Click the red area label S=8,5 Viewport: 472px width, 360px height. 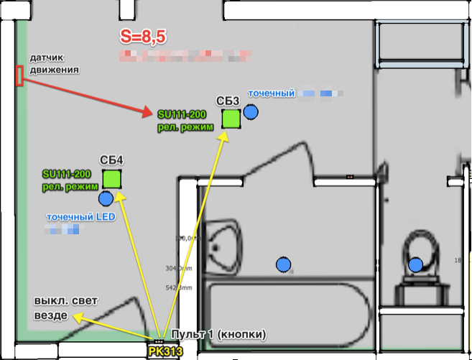point(144,37)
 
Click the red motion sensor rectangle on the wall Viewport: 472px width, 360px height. point(19,75)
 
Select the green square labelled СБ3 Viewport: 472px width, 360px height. point(231,118)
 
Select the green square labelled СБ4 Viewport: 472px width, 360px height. point(112,178)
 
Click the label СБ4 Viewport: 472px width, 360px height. point(111,160)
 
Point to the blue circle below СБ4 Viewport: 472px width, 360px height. point(106,198)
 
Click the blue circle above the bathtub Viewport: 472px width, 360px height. point(284,264)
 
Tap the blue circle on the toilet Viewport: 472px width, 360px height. point(415,265)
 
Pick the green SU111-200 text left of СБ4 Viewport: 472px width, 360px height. point(66,175)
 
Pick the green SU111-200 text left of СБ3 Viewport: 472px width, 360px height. point(181,114)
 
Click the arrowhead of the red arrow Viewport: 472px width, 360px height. point(149,114)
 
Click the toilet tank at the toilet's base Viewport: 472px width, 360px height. point(415,294)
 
